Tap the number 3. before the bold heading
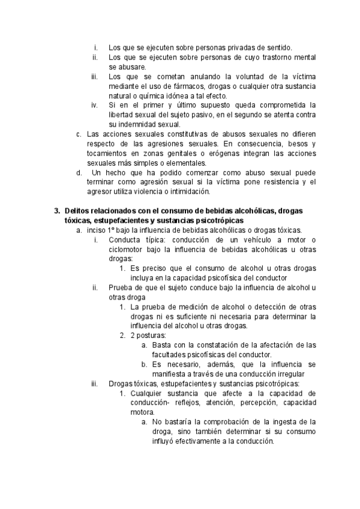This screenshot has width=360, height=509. [x=57, y=211]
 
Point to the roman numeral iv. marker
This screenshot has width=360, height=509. [x=94, y=105]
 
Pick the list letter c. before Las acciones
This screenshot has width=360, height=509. [x=79, y=134]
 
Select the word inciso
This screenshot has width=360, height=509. [x=97, y=230]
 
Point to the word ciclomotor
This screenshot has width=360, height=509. [x=128, y=249]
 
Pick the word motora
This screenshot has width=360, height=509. [x=142, y=412]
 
